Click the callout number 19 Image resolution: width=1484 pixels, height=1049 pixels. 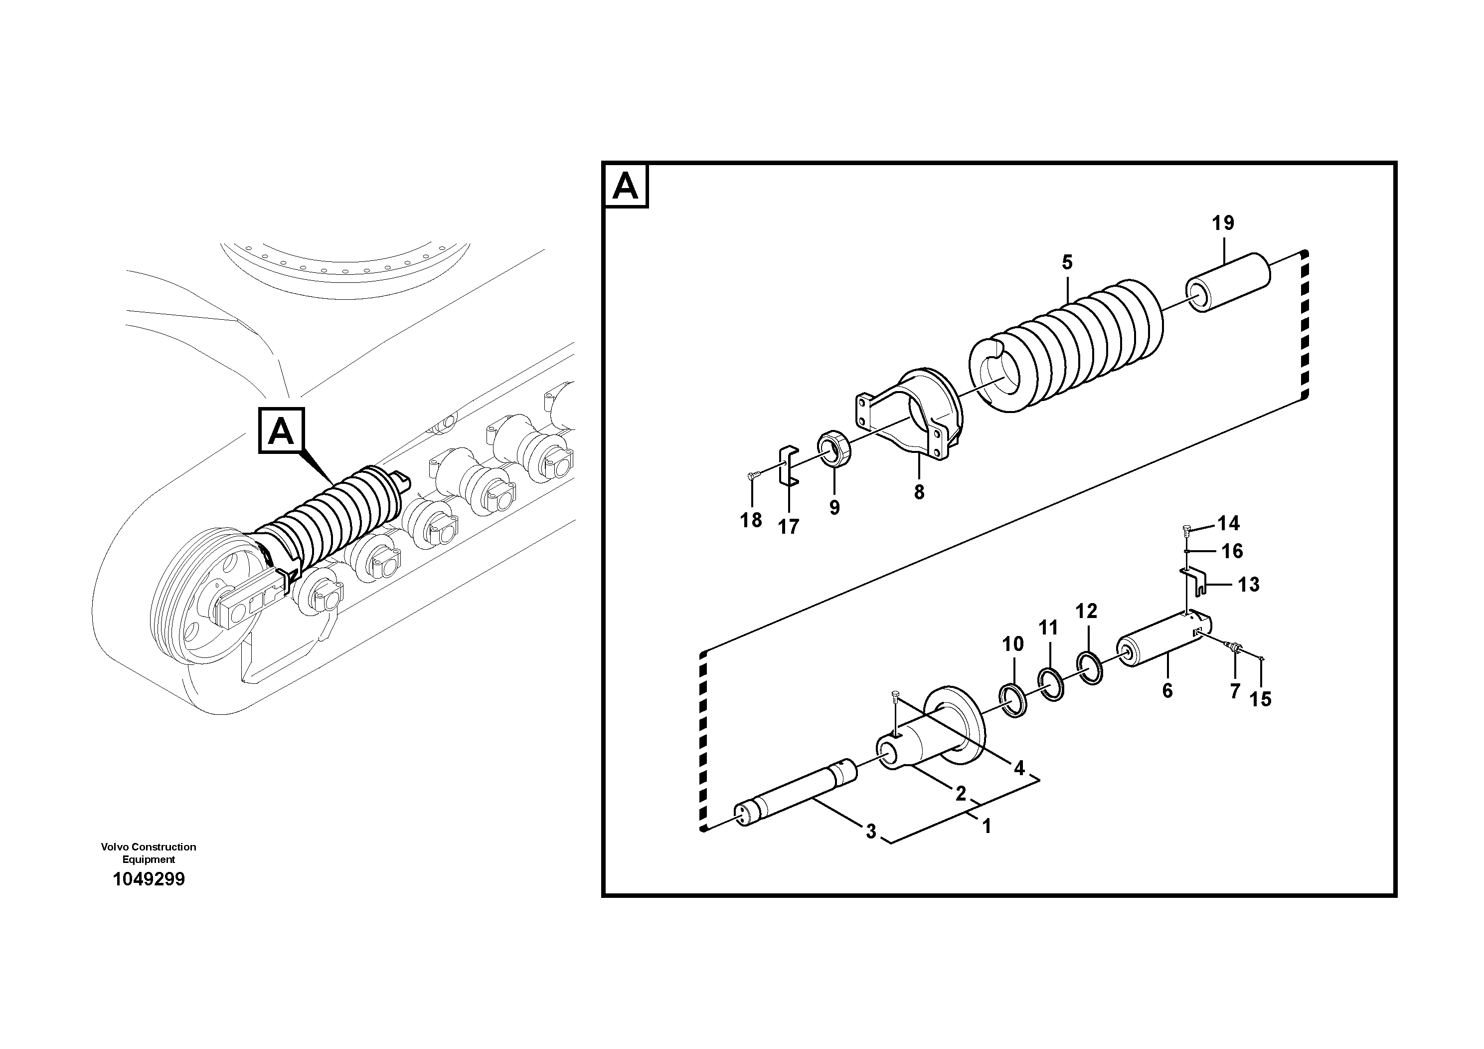pyautogui.click(x=1222, y=224)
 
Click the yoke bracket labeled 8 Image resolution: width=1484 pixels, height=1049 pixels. pyautogui.click(x=918, y=414)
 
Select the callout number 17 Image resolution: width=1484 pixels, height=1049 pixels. pyautogui.click(x=788, y=527)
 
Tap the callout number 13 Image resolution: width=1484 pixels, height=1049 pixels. pyautogui.click(x=1249, y=585)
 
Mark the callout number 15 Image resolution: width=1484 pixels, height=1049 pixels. pyautogui.click(x=1260, y=699)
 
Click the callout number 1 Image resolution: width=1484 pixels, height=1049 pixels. pyautogui.click(x=987, y=826)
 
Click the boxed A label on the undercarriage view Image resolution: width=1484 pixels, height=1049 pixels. pyautogui.click(x=281, y=431)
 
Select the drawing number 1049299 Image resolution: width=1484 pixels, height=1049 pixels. pyautogui.click(x=149, y=879)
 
